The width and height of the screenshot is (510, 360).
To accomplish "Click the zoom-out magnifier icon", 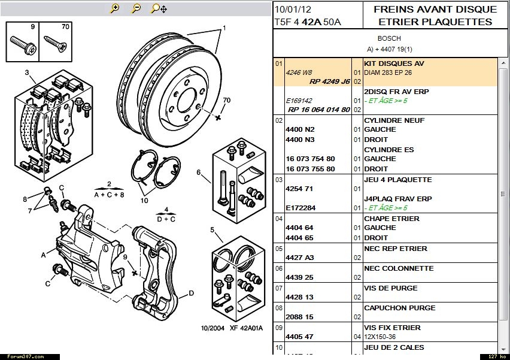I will [x=136, y=8].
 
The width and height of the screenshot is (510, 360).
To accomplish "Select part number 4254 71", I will [x=300, y=189].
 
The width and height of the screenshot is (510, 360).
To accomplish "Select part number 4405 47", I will [x=300, y=337].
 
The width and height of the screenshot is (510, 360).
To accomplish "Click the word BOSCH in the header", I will [x=389, y=38].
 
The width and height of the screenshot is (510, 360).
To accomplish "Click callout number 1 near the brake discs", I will [x=224, y=28].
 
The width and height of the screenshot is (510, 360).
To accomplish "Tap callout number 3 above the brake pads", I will [x=27, y=73].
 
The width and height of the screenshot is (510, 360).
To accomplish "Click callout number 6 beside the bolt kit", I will [x=198, y=173].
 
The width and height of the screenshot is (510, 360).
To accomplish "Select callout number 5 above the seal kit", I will [x=212, y=229].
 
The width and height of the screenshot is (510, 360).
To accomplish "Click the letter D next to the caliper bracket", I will [x=191, y=293].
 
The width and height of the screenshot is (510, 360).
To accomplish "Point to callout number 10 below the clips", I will [x=144, y=201].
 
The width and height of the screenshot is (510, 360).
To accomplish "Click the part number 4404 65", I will [x=300, y=238].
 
